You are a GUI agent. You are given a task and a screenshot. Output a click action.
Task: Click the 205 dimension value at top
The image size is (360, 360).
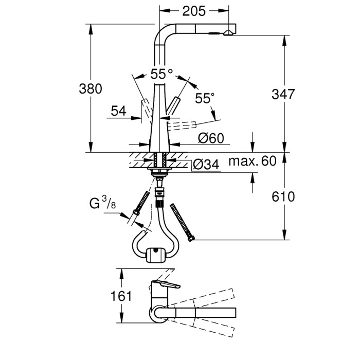[x=194, y=10]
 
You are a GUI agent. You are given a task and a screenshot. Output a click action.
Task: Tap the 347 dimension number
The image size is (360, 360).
[x=283, y=94]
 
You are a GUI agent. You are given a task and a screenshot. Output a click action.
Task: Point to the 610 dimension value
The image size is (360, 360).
[x=283, y=197]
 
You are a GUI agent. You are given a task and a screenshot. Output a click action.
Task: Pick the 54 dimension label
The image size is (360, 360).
[x=119, y=110]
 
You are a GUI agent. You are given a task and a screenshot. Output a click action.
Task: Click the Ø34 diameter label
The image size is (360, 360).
[x=207, y=165]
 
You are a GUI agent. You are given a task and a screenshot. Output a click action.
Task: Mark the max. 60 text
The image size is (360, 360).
[x=252, y=161]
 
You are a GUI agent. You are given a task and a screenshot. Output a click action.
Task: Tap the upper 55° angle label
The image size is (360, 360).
[x=161, y=74]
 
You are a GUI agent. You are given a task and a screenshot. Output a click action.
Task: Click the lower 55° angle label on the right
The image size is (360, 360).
[x=204, y=98]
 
